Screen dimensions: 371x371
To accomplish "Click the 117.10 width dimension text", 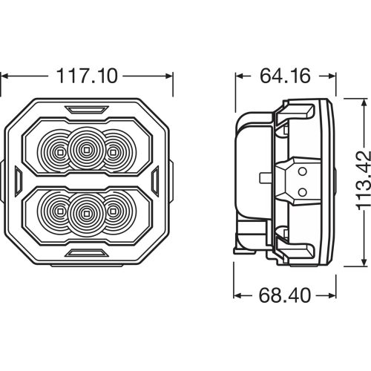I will (x=88, y=75).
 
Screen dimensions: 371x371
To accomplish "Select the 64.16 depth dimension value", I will (x=283, y=75).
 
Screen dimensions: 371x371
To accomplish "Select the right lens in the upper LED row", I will (x=113, y=151).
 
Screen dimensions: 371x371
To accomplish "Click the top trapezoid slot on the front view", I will (x=88, y=110).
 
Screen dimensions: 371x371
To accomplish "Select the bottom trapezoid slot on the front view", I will (x=88, y=254).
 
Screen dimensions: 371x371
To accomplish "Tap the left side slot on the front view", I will (x=18, y=180).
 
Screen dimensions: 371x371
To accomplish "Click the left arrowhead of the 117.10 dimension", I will (x=4, y=75).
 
